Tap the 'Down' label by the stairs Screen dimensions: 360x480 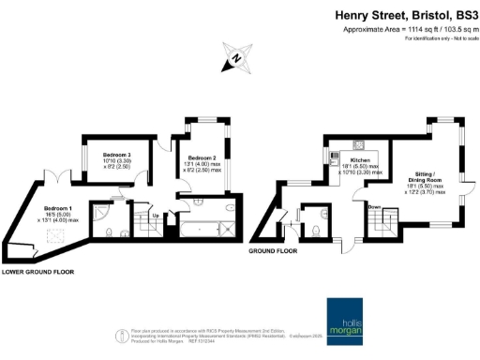point(373,206)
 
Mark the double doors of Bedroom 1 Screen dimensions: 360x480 point(59,177)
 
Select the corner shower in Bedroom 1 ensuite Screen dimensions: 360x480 point(104,213)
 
